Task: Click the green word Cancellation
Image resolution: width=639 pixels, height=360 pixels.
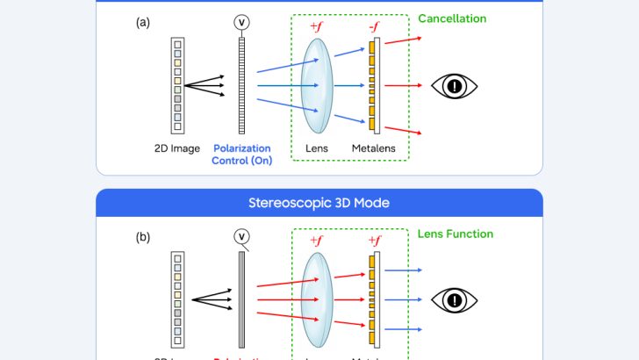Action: point(452,18)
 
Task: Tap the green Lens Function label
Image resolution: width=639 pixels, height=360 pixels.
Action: point(456,234)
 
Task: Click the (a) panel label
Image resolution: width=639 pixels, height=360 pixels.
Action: point(142,24)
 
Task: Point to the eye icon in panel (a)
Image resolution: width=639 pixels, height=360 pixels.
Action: point(455,86)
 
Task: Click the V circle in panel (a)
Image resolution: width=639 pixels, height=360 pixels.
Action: point(242,20)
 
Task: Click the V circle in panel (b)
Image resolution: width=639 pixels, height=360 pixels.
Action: point(242,235)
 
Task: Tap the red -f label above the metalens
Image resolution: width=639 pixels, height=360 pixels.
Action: point(375,27)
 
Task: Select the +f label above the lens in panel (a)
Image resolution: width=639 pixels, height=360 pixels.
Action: point(315,27)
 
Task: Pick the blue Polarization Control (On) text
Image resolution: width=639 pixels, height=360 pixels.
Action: point(241,155)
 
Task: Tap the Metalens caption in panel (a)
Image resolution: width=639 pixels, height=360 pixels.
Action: point(375,148)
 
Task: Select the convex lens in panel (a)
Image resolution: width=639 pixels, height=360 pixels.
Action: point(315,85)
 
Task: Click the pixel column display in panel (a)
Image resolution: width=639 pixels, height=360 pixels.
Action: point(178,85)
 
